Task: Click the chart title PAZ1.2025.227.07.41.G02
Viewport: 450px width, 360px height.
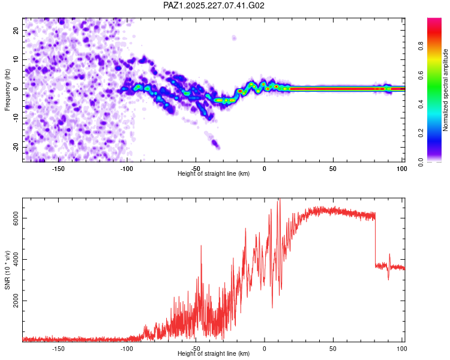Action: pyautogui.click(x=214, y=5)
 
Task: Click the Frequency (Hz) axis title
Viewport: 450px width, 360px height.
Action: pyautogui.click(x=7, y=90)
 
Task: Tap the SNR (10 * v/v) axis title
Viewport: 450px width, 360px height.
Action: pyautogui.click(x=7, y=270)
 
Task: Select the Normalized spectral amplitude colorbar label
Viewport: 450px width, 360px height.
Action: pyautogui.click(x=445, y=90)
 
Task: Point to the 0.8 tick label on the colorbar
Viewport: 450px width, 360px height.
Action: pyautogui.click(x=421, y=46)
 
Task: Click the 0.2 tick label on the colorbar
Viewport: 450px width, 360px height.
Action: pyautogui.click(x=421, y=133)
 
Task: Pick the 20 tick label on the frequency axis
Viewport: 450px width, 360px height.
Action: pyautogui.click(x=16, y=30)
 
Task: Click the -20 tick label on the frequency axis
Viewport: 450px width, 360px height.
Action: pyautogui.click(x=16, y=147)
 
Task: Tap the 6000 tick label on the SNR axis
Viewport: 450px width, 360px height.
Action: pyautogui.click(x=16, y=218)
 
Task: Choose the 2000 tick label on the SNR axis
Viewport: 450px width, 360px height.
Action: pyautogui.click(x=16, y=301)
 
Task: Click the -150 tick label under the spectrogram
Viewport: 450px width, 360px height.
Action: pyautogui.click(x=58, y=169)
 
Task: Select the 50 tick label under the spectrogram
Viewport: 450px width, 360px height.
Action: pyautogui.click(x=333, y=169)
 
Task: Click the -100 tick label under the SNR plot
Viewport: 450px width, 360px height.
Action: pyautogui.click(x=127, y=349)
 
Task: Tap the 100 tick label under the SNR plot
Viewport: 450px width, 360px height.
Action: pyautogui.click(x=402, y=349)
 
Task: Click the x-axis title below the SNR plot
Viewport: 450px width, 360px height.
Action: pyautogui.click(x=214, y=353)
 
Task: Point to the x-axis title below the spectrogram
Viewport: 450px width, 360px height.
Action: pyautogui.click(x=214, y=173)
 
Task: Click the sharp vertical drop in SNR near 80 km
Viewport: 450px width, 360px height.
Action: pyautogui.click(x=375, y=239)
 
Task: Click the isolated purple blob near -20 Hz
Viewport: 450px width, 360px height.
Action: pyautogui.click(x=215, y=143)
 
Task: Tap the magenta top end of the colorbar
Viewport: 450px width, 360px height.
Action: pyautogui.click(x=434, y=19)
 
